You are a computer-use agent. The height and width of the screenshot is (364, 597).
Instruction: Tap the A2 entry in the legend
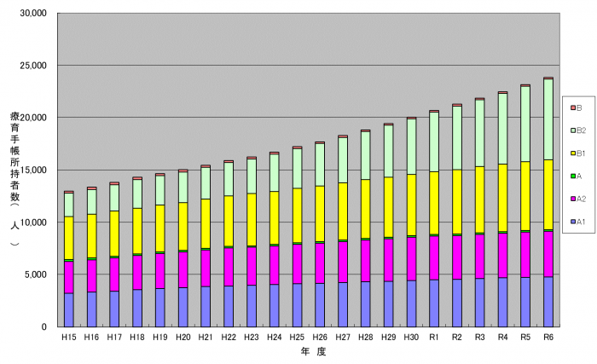click(578, 199)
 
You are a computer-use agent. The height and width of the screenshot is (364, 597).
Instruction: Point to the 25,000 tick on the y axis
click(33, 66)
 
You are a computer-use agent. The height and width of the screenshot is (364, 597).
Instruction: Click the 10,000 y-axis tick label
click(33, 222)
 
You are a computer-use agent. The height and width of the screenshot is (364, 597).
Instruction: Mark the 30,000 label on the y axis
click(33, 14)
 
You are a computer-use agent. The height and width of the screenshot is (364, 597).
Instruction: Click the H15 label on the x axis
click(68, 338)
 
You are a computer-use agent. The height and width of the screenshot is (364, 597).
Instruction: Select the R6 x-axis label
click(548, 338)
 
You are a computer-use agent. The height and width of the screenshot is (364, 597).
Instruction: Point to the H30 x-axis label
click(411, 338)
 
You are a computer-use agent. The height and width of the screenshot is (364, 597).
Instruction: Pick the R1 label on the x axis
click(434, 338)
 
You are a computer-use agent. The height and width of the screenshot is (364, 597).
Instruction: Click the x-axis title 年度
click(308, 351)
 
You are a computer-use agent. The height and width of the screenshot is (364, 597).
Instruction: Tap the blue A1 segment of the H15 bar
click(68, 309)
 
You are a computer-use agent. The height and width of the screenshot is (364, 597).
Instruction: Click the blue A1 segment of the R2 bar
click(457, 303)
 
